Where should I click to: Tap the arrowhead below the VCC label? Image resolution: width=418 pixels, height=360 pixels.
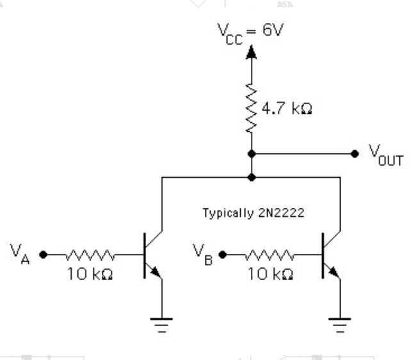[x=251, y=52]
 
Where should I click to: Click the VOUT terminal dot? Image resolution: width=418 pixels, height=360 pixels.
[x=355, y=153]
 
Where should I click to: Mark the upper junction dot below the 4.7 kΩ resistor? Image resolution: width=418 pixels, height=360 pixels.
[x=251, y=153]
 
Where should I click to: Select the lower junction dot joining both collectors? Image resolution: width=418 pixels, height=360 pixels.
[x=251, y=176]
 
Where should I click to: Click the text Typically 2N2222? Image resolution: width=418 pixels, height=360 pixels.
[x=253, y=213]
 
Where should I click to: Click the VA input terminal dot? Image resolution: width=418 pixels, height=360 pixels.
[x=43, y=254]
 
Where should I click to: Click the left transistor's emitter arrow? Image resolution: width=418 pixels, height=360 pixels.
[x=156, y=274]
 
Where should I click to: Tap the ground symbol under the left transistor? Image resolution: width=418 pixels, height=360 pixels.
[x=163, y=324]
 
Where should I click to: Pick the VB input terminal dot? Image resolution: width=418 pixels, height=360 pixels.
[x=223, y=254]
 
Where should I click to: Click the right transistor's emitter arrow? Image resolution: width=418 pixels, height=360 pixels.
[x=334, y=274]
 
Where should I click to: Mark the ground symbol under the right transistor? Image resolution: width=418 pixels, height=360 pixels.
[x=341, y=324]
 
